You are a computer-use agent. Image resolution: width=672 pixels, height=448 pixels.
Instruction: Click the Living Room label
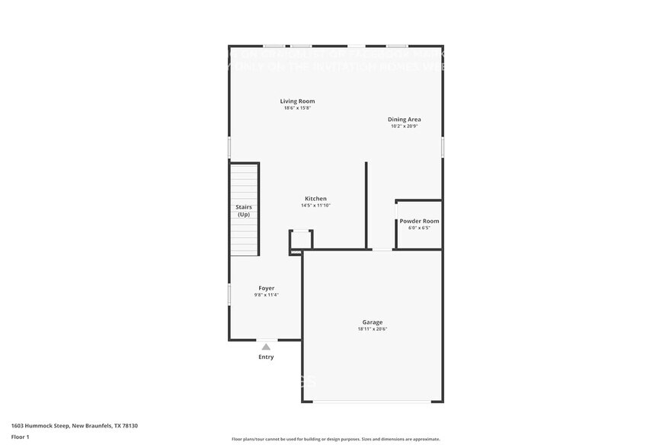coord(297,101)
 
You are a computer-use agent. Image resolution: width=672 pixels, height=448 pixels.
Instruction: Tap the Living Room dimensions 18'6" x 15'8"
coord(297,108)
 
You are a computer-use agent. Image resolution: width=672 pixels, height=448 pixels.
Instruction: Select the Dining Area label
coord(404,120)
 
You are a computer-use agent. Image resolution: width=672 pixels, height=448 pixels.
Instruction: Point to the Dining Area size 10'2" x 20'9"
coord(404,126)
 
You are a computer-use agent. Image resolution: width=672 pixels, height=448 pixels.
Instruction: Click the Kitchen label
coord(315,199)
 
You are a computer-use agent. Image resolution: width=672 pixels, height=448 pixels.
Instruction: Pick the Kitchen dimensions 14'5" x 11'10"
coord(315,206)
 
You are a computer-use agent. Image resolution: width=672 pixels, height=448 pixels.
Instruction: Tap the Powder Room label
coord(419,221)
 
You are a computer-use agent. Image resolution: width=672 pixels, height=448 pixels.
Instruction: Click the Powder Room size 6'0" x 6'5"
coord(419,228)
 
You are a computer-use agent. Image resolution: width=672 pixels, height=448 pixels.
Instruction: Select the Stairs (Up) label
coord(244,210)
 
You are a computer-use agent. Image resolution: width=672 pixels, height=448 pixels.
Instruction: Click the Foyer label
coord(266,288)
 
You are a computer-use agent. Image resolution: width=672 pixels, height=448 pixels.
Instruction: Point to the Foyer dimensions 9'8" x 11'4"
coord(266,295)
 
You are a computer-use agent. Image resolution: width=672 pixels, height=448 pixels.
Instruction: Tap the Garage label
coord(373,322)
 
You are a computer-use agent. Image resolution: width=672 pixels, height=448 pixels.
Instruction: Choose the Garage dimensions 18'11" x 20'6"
coord(373,329)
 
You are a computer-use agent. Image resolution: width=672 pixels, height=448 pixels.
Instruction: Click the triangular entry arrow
coord(266,347)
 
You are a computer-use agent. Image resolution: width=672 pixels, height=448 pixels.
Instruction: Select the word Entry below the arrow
coord(266,357)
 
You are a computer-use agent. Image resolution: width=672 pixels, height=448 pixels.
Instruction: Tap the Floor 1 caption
coord(20,437)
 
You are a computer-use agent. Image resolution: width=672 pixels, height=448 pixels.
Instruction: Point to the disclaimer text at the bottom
coord(335,439)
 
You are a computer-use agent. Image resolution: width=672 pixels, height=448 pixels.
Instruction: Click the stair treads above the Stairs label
coord(244,183)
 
